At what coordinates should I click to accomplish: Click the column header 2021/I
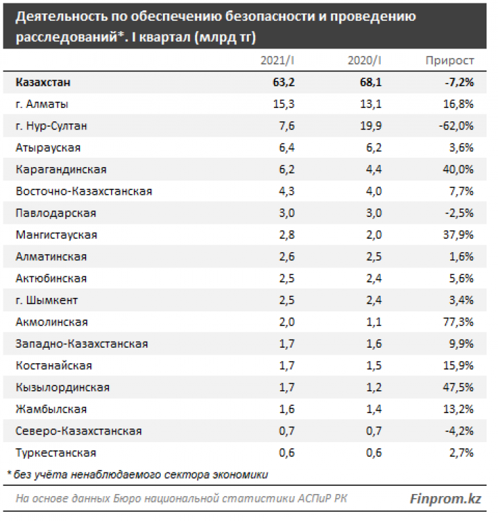coord(278,61)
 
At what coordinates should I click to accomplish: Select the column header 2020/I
coord(365,61)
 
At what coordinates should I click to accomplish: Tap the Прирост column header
coord(450,61)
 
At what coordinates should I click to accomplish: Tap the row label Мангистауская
coord(56,235)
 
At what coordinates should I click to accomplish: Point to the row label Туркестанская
coord(56,453)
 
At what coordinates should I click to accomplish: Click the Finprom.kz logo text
coord(446,499)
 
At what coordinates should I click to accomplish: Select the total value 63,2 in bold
coord(283,82)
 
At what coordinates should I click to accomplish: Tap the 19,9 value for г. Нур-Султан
coord(371,126)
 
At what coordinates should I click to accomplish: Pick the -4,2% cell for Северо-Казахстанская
coord(458,431)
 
